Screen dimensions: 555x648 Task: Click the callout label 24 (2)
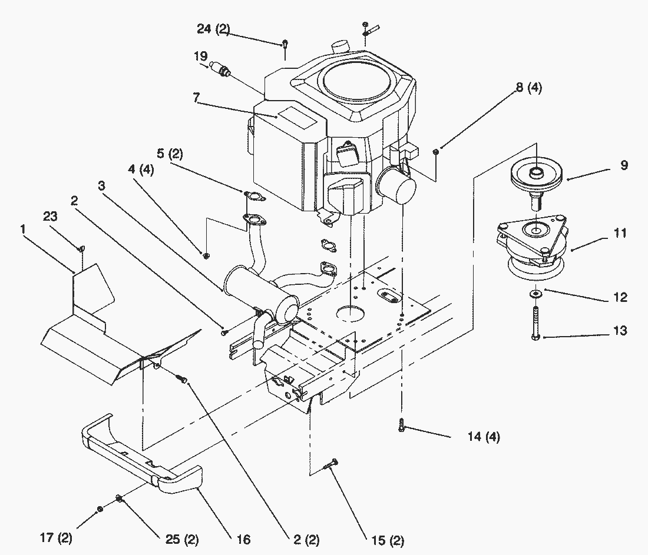pos(213,30)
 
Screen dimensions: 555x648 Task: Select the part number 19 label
pos(200,57)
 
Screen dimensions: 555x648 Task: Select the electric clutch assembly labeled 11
pos(530,247)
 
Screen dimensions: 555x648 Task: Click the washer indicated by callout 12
pos(537,293)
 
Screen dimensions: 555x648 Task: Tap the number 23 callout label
pos(50,217)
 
